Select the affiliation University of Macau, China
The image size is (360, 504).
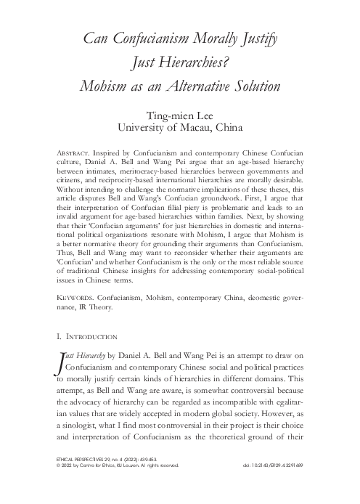180,129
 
